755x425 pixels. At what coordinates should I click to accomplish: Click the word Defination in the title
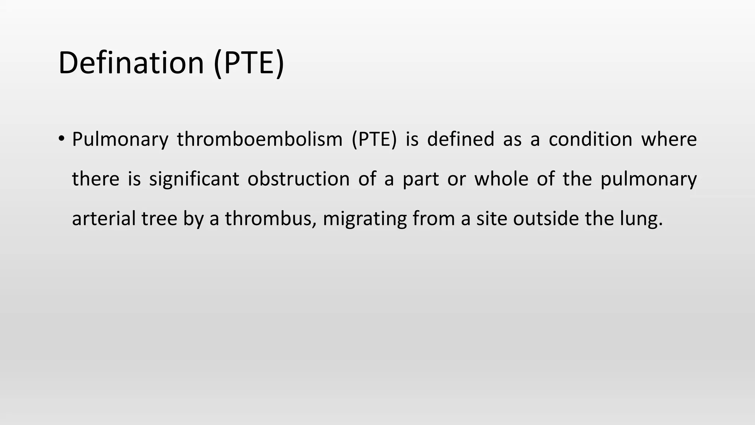(x=131, y=63)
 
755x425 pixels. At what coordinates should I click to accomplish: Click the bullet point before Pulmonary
(x=61, y=139)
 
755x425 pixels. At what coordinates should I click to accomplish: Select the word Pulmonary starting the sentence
(x=120, y=140)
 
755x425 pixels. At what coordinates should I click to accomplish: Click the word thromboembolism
(x=260, y=140)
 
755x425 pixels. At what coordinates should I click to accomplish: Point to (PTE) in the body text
(x=374, y=140)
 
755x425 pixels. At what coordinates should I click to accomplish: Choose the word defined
(x=460, y=140)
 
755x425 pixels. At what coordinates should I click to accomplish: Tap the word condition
(x=590, y=140)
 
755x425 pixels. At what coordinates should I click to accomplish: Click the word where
(x=669, y=140)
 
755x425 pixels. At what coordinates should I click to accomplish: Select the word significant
(x=194, y=180)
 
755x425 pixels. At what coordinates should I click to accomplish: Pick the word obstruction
(x=298, y=179)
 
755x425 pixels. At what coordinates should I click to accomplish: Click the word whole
(x=501, y=179)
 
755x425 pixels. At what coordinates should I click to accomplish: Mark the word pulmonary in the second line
(x=648, y=180)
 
